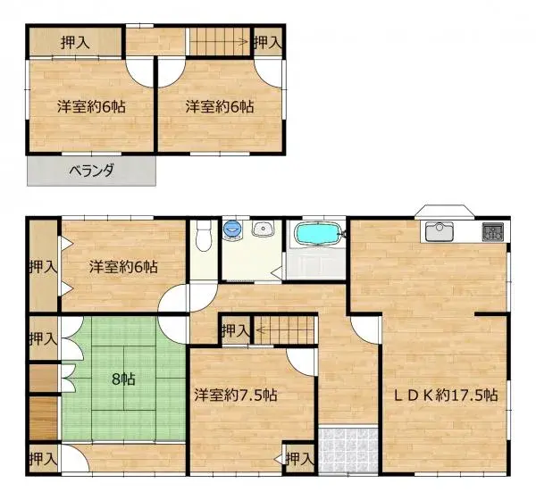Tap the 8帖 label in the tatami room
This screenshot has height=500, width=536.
click(x=123, y=379)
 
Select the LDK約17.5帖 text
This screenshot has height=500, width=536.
click(x=440, y=396)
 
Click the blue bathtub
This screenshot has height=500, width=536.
click(x=317, y=235)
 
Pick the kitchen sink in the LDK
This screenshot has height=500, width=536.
click(x=440, y=231)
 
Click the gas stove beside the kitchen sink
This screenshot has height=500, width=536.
click(x=492, y=231)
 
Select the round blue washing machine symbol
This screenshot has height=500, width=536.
click(x=233, y=230)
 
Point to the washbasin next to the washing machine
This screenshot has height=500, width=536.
click(x=263, y=230)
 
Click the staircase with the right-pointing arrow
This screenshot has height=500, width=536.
click(x=219, y=40)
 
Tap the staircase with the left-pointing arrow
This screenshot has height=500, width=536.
click(x=284, y=329)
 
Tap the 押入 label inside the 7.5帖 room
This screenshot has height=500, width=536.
click(x=300, y=459)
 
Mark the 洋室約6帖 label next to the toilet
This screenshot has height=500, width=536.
click(x=124, y=266)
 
